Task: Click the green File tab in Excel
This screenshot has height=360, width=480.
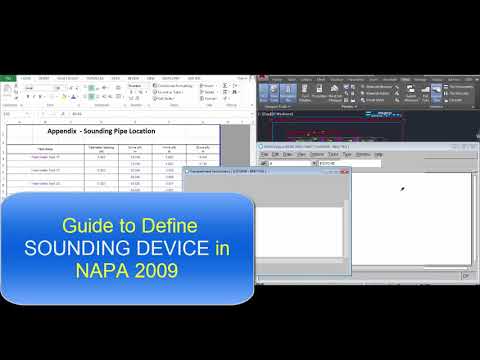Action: (7, 77)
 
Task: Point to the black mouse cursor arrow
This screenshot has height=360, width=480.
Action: (402, 189)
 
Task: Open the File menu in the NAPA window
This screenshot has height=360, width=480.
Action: (263, 154)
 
